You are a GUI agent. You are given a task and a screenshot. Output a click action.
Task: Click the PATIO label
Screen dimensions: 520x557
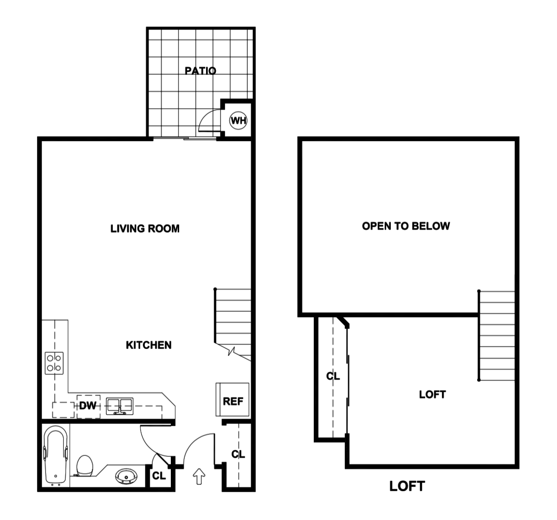201,71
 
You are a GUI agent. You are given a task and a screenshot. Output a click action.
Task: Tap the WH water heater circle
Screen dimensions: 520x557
239,121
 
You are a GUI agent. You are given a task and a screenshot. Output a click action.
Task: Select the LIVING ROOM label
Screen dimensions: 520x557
145,229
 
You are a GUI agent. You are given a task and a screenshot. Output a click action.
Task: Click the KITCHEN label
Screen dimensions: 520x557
149,345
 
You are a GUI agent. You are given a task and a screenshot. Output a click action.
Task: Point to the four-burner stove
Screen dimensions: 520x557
54,363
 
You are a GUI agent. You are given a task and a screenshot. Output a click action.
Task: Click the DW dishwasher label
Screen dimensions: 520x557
87,406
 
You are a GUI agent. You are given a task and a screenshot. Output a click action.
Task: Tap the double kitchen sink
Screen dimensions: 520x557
120,406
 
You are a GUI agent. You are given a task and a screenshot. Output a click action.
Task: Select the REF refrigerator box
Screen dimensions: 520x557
233,401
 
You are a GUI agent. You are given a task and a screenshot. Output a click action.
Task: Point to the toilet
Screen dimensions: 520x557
84,465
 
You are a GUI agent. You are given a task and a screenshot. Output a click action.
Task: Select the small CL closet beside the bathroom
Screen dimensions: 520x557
159,476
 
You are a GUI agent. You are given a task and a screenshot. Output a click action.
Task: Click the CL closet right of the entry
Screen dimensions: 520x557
238,454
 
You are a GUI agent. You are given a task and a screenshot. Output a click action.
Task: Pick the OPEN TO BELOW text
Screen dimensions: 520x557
406,226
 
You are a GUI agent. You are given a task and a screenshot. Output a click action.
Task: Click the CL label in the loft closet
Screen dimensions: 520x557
333,376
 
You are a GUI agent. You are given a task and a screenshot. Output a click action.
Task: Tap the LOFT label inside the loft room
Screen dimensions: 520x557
432,395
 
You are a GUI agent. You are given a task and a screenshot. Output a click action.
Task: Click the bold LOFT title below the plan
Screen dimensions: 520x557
407,486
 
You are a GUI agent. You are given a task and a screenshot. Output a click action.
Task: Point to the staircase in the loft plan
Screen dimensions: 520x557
497,336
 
